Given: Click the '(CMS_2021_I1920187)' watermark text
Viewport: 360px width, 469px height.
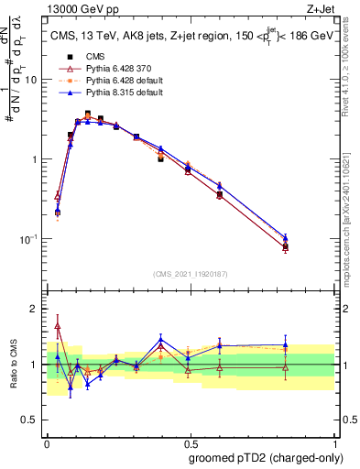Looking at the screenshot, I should (190, 275).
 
